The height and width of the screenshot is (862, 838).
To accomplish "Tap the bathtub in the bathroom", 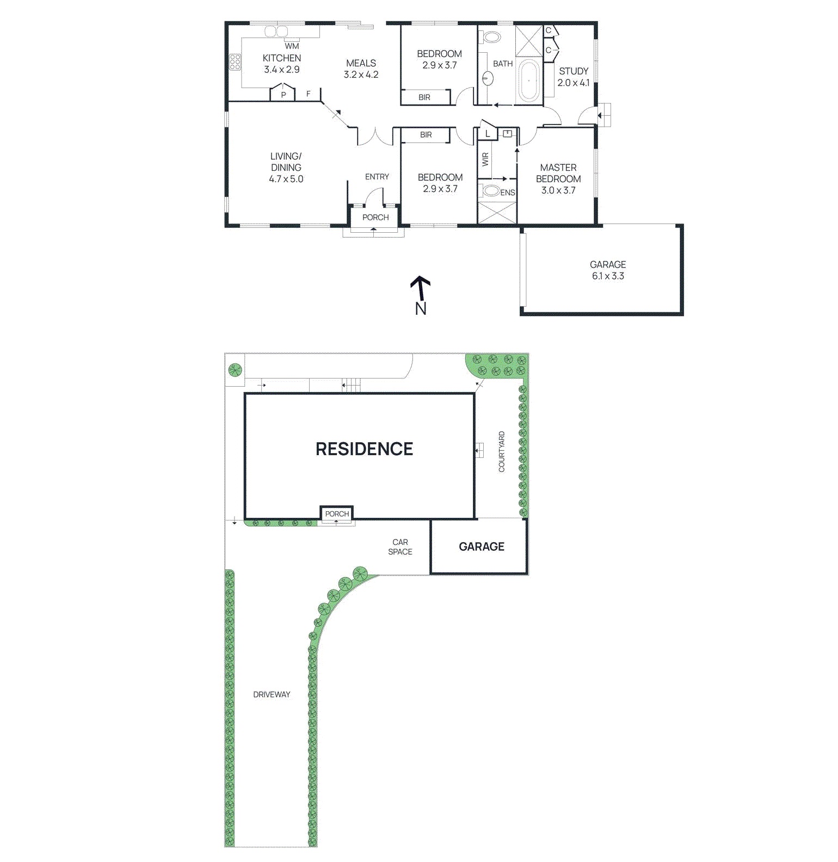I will point(528,81).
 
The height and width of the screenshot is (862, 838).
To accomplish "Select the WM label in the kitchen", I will point(292,46).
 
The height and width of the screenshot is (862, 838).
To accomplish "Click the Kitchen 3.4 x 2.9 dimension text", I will point(281,70).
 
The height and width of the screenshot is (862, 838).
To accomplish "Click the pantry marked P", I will point(283,94).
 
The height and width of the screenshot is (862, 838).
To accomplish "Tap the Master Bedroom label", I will point(558,173).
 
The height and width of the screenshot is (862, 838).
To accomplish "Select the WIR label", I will point(485,159).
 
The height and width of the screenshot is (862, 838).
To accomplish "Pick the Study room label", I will point(574,71).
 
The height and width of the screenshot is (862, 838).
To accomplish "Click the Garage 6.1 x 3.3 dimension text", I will point(608,276).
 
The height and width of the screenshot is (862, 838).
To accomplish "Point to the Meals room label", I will point(361,63).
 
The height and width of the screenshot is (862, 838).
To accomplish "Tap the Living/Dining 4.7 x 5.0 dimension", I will point(286,179).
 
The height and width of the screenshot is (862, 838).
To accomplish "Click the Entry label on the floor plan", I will point(377,177).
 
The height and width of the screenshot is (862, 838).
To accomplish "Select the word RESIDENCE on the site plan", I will point(364,449).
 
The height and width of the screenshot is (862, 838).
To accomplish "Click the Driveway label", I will point(272,694).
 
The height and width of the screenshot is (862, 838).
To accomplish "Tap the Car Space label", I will point(400,547).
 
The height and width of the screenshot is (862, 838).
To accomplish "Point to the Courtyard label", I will point(501,451).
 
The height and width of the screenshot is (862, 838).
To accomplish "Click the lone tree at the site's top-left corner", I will point(235,370).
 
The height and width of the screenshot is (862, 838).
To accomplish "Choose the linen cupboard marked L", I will point(488,133).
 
